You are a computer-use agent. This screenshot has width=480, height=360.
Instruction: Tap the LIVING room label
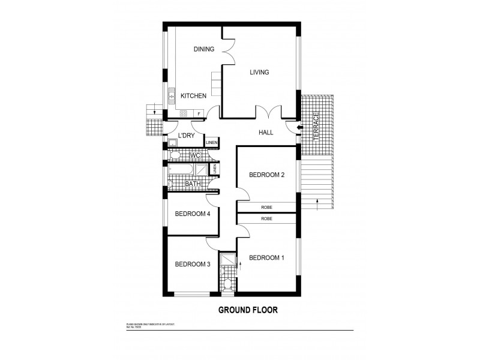259,73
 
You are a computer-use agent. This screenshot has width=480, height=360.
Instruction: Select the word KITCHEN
194,96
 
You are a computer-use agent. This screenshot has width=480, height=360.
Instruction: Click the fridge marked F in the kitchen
198,113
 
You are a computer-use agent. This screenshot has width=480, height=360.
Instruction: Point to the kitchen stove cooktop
184,113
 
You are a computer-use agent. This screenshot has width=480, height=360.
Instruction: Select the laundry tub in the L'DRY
172,143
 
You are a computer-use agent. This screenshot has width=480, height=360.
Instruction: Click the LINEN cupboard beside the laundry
211,142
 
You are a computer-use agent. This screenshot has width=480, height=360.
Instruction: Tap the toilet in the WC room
175,156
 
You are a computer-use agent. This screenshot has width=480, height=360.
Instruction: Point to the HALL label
266,132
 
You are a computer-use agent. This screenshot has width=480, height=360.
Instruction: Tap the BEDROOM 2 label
266,175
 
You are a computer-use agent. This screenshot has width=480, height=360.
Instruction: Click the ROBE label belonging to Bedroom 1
266,220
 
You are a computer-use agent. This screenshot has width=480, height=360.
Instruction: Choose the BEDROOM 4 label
192,214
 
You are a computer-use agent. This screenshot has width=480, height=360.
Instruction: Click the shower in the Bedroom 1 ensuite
227,260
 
